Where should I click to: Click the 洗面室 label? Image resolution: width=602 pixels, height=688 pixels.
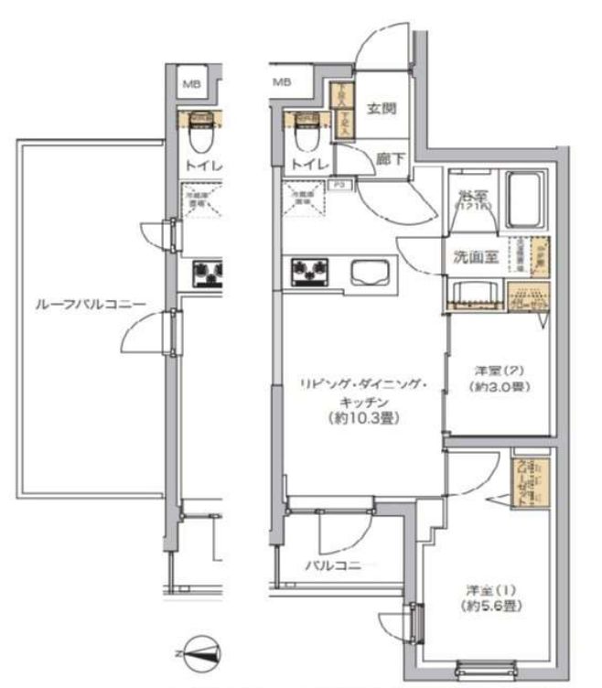click(475, 257)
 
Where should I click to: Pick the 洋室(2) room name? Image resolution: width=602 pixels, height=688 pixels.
click(498, 371)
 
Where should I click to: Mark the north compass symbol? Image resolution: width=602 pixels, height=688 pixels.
click(203, 651)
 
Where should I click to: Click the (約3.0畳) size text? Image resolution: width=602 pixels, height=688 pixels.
click(498, 387)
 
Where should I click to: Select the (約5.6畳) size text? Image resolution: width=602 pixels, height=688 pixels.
click(480, 606)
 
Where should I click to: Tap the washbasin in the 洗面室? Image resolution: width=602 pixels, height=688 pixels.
click(473, 295)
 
